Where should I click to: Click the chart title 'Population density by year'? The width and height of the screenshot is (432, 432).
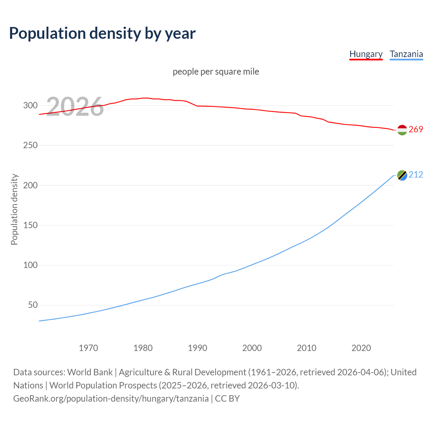pos(102,33)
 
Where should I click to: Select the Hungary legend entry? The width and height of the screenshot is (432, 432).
pos(366,54)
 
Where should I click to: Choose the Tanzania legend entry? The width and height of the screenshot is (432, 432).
pos(406,54)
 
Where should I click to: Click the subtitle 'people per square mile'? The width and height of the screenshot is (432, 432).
pos(216,72)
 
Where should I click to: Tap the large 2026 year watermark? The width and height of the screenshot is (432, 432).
pos(75,107)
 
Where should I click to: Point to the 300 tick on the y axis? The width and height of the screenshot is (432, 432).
pos(30,106)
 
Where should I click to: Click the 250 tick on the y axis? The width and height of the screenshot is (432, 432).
pos(30,145)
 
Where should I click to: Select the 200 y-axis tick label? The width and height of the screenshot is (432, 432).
pos(30,185)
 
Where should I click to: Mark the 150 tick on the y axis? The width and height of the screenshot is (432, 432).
pos(30,225)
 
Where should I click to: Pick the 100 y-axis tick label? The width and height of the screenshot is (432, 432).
pos(30,265)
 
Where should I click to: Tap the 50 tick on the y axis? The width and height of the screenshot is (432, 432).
pos(32,305)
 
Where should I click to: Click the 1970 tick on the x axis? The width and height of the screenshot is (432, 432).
pos(88,348)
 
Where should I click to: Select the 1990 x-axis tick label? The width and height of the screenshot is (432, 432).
pos(197,348)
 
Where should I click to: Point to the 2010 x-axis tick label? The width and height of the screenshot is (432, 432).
pos(306,348)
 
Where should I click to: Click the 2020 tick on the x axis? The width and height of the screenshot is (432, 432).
pos(361,348)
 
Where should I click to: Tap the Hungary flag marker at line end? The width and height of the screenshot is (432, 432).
pos(402,130)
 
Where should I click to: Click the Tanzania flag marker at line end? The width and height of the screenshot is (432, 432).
pos(402,175)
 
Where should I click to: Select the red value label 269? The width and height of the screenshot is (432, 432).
pos(416,130)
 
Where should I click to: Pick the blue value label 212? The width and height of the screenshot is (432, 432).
pos(416,175)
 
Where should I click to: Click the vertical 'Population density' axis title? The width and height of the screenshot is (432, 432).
pos(14,209)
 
